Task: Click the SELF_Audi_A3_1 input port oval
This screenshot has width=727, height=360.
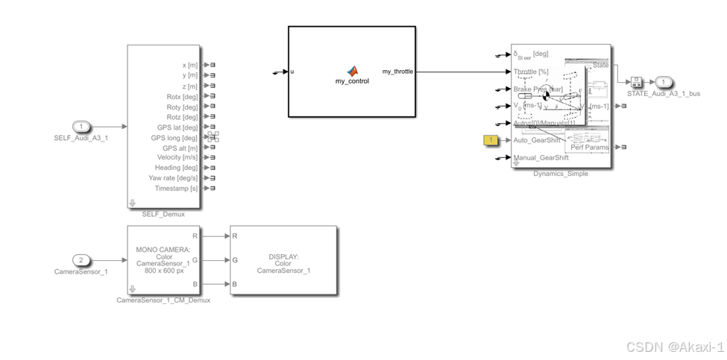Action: point(82,127)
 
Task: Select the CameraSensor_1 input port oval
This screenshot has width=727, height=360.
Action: point(82,260)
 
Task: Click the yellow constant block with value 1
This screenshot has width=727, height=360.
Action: point(491,140)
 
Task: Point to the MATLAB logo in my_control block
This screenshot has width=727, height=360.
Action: point(352,71)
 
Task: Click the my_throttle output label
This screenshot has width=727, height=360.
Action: point(397,72)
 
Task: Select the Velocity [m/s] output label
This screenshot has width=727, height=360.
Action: point(177,157)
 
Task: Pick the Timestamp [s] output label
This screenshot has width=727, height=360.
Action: point(177,189)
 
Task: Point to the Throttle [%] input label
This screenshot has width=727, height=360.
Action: point(531,72)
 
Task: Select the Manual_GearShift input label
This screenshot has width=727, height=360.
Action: point(541,158)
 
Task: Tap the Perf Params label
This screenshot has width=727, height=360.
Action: point(590,148)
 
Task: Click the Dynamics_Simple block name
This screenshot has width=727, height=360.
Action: point(561,174)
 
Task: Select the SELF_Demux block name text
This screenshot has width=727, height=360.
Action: point(163,215)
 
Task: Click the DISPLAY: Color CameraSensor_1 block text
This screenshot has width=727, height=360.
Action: point(283,263)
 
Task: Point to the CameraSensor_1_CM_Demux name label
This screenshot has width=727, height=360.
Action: point(163,300)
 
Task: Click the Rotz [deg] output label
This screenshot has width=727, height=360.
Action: point(183,117)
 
